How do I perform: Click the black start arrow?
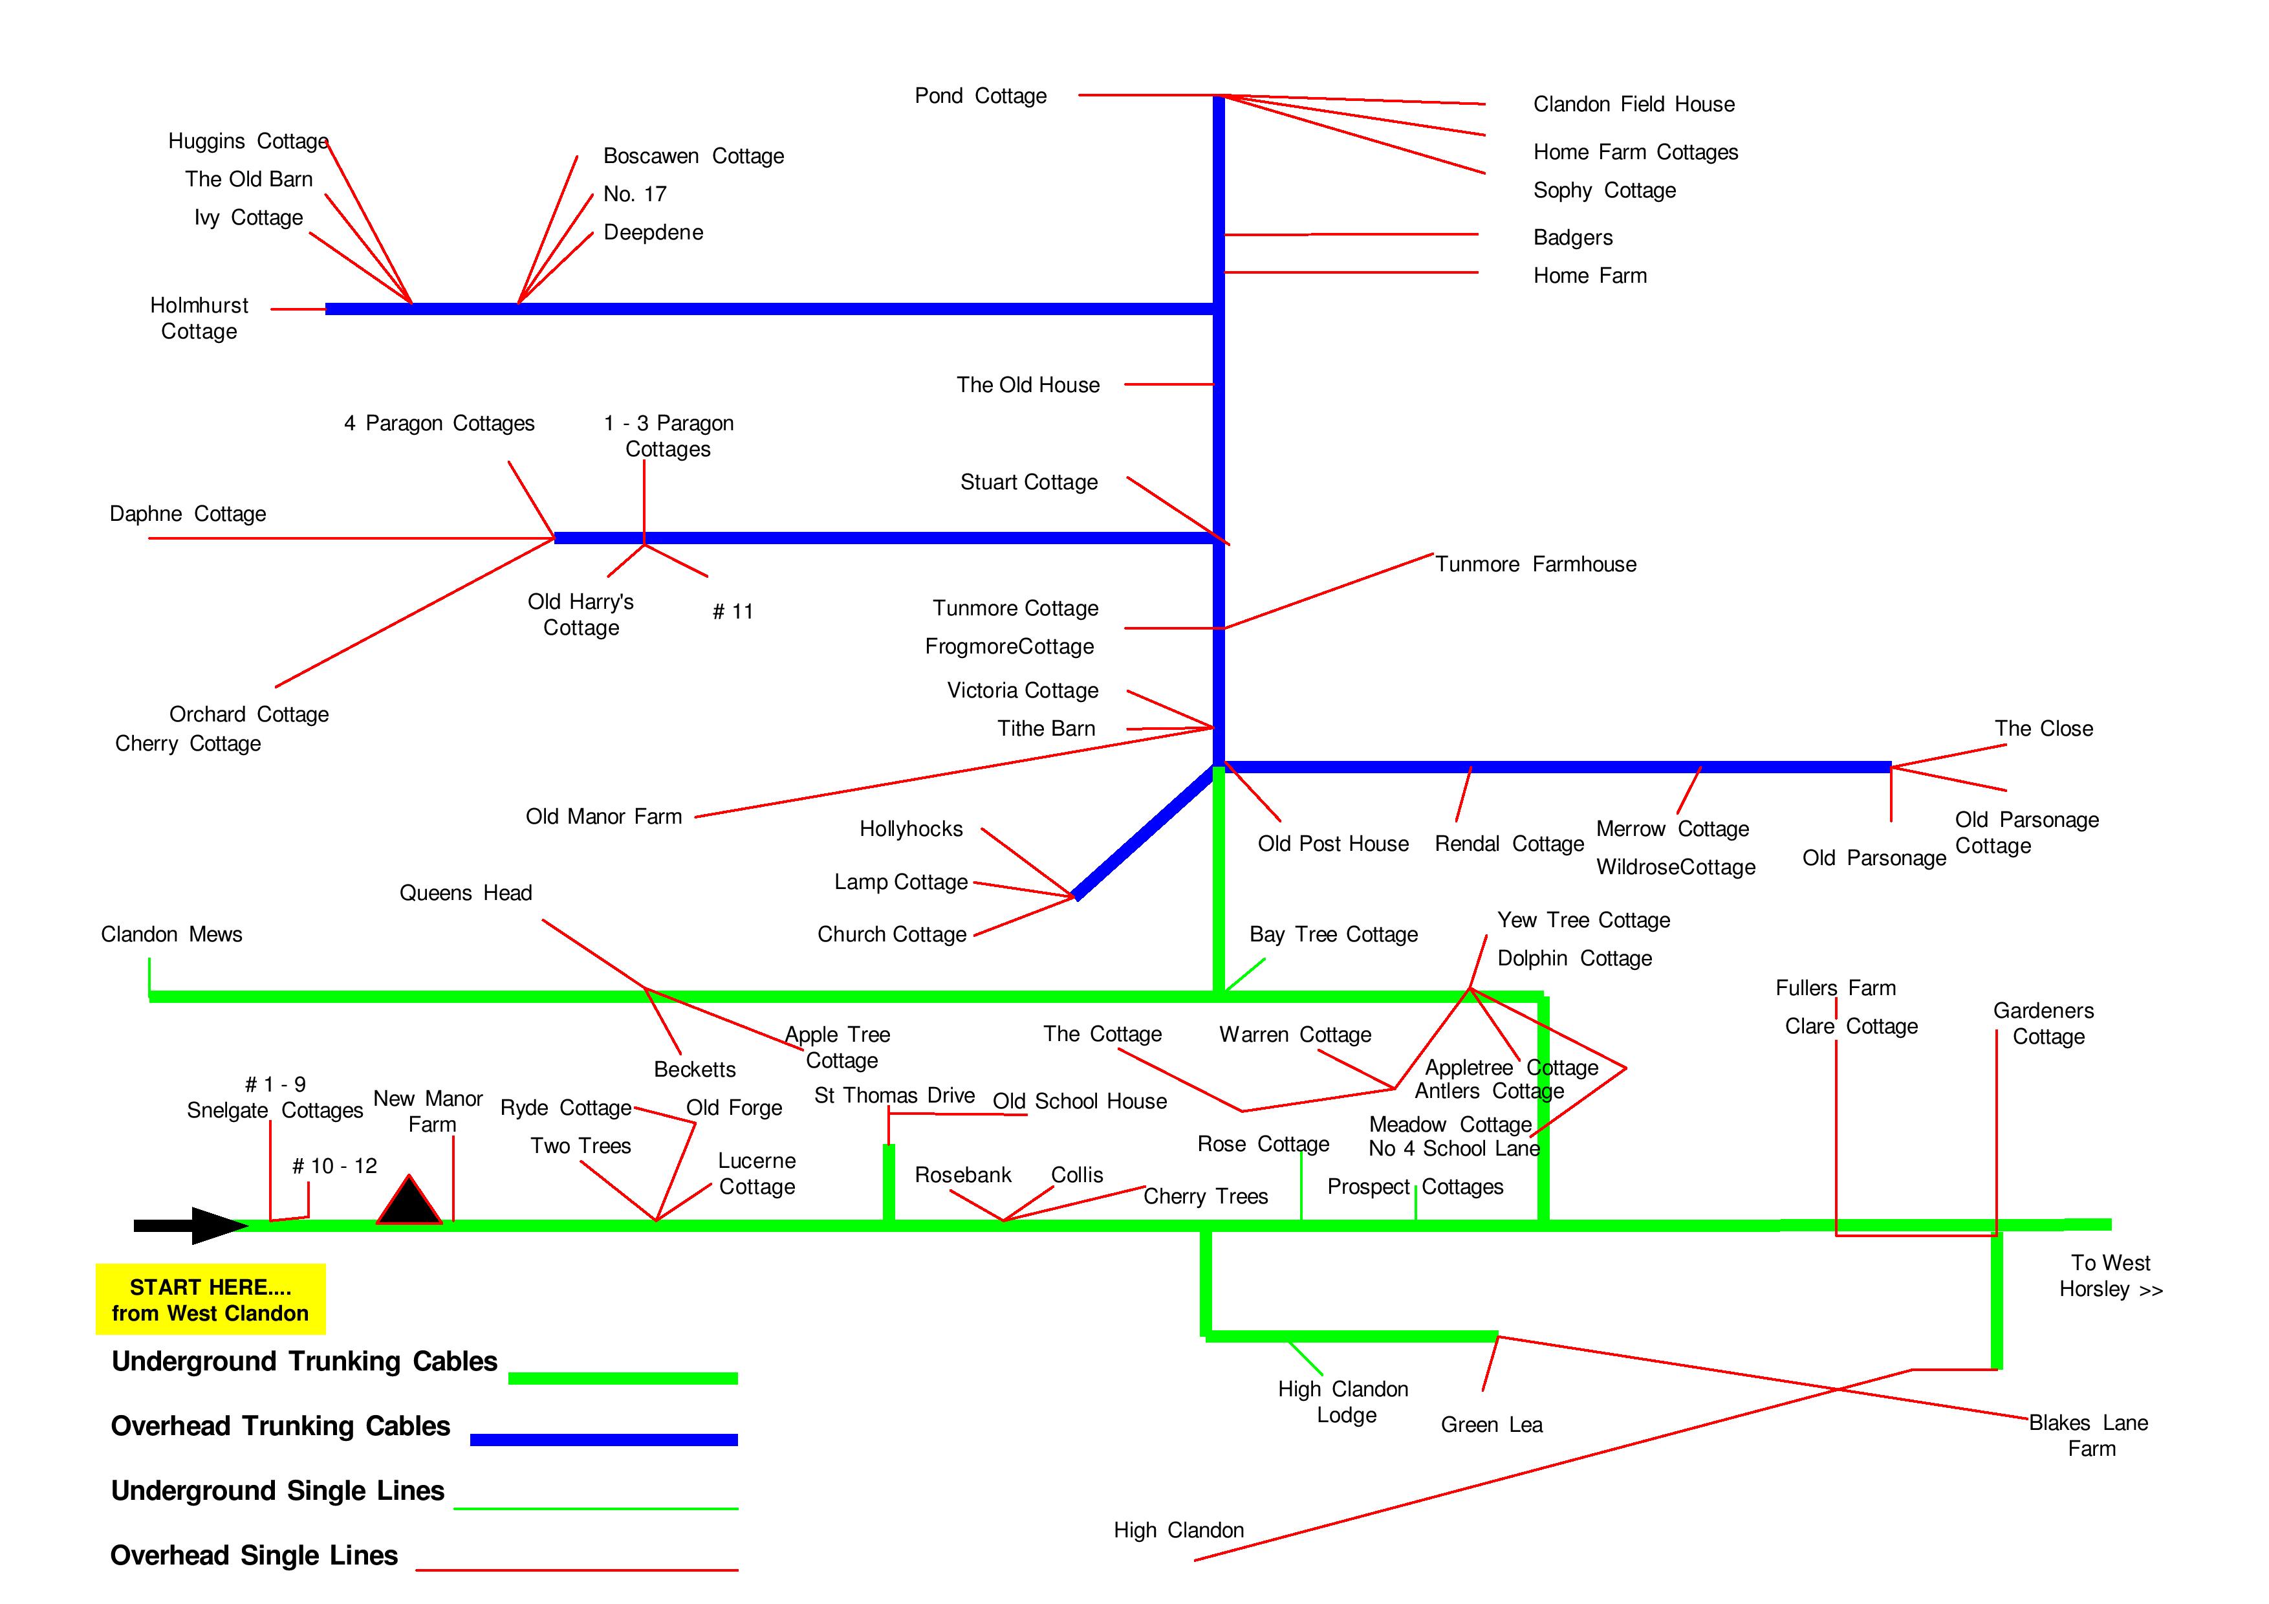[191, 1225]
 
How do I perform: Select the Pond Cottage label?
[981, 96]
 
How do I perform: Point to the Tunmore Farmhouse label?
[1536, 564]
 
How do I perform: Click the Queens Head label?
[466, 894]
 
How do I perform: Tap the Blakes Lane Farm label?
[2089, 1435]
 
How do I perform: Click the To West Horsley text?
[2111, 1276]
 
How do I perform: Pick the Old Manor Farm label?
[604, 817]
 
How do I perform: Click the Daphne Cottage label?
[188, 514]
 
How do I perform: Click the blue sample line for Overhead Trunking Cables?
[604, 1440]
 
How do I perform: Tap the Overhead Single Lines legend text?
[254, 1555]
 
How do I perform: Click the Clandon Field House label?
[1634, 105]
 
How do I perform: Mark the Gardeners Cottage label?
[2044, 1023]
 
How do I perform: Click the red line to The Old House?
[1169, 384]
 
